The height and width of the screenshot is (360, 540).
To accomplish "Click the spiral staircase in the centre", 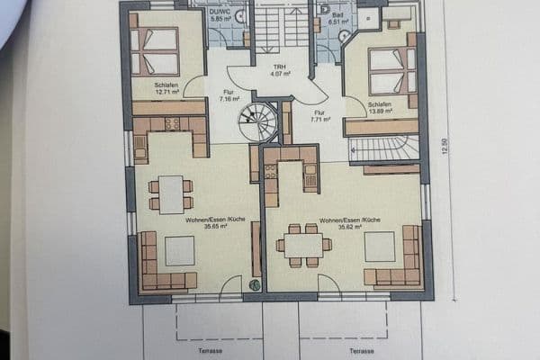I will tap(258, 122).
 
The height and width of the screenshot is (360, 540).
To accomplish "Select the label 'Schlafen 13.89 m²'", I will tap(380, 108).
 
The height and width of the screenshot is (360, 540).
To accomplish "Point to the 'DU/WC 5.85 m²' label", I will tap(220, 15).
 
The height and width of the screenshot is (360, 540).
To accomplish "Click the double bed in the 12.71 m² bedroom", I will tap(154, 51).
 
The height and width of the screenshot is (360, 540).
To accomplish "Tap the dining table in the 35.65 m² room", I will tap(171, 194).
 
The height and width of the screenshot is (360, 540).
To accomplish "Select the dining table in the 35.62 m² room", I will tap(301, 245).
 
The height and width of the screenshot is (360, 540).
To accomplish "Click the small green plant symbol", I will tap(255, 285).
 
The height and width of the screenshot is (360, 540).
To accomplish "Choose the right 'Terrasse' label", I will tap(362, 350).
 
